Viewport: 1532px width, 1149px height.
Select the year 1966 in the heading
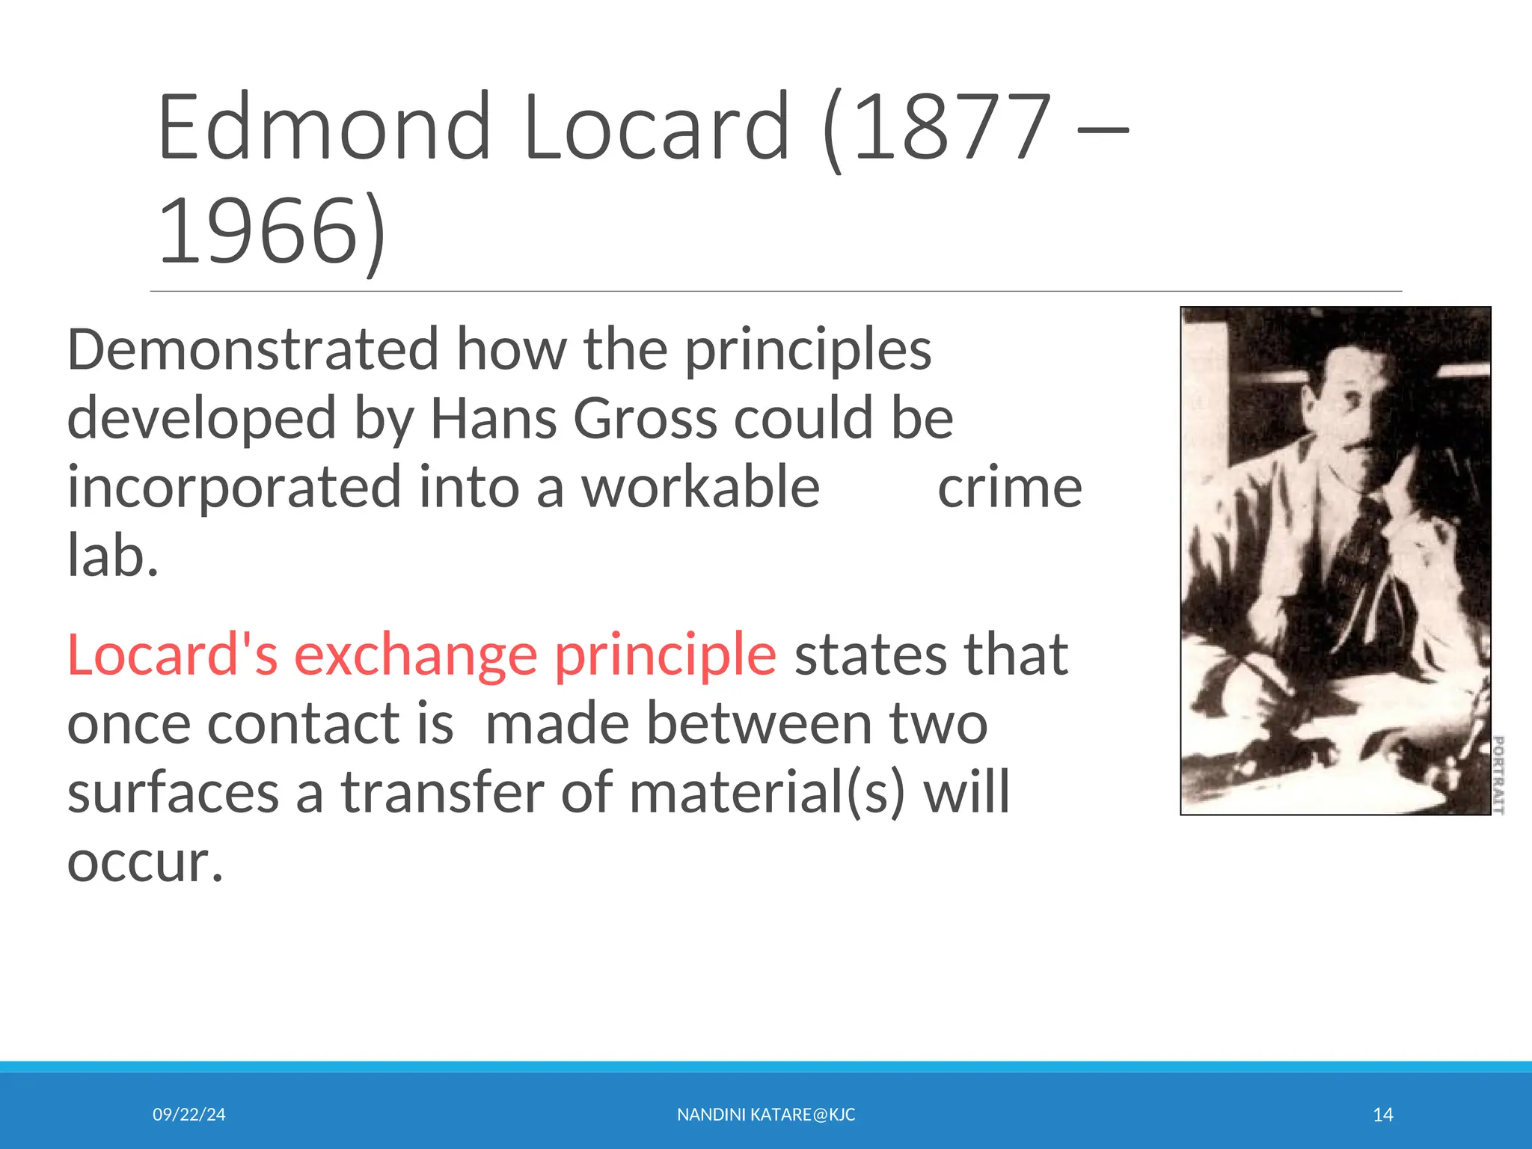258,230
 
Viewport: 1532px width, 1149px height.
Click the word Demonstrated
253,349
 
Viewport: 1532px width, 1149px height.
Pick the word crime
1009,488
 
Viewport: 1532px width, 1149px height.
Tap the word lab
112,556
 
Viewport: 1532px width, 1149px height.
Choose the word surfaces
173,793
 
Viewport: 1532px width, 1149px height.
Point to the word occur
144,862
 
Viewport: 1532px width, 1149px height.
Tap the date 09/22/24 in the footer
189,1115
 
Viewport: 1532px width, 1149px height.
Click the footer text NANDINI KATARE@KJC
766,1115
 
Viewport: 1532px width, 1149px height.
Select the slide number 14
1382,1115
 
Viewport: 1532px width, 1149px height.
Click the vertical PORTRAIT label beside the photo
1498,774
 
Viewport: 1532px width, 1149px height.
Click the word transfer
443,793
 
